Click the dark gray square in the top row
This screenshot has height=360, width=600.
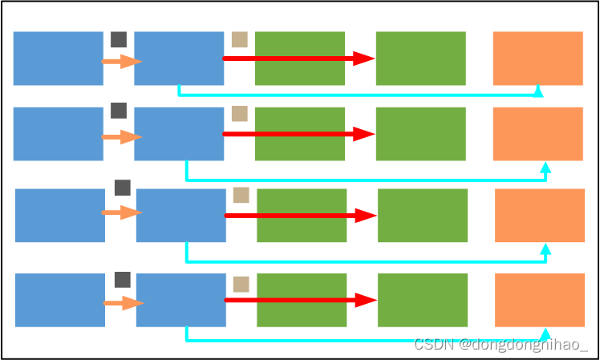click(119, 39)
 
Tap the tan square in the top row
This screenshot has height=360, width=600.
click(239, 39)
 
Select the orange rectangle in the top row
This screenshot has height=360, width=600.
click(537, 58)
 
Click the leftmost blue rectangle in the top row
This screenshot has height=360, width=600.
click(58, 58)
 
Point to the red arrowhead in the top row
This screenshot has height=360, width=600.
click(364, 59)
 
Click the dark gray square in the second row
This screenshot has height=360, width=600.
click(119, 111)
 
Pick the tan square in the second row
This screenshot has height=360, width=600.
click(239, 114)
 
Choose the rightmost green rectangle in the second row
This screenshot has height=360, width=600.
click(420, 134)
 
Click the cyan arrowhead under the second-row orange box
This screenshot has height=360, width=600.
click(546, 168)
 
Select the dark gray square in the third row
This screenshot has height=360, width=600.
click(123, 188)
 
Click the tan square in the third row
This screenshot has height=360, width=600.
click(241, 195)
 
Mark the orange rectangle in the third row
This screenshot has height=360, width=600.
click(539, 216)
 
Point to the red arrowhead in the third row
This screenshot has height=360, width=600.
click(367, 216)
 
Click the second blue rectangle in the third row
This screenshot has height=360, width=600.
click(180, 216)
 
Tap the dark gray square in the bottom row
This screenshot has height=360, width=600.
click(123, 280)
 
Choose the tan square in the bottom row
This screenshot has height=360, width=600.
click(241, 284)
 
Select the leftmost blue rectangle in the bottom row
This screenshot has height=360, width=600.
click(60, 300)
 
